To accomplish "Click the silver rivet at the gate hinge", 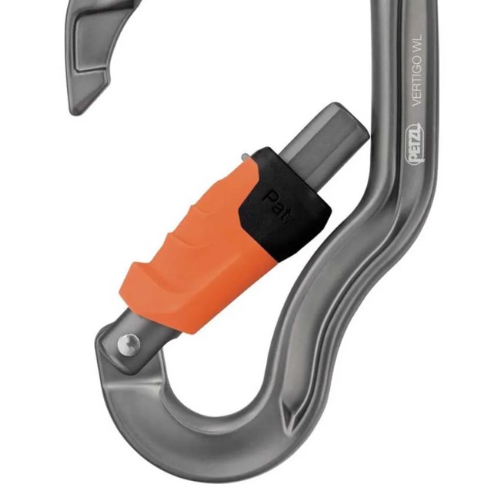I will tap(130, 342).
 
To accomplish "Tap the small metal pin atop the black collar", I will tap(245, 158).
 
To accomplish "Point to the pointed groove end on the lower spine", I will tap(291, 420).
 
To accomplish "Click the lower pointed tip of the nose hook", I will tap(77, 109).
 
